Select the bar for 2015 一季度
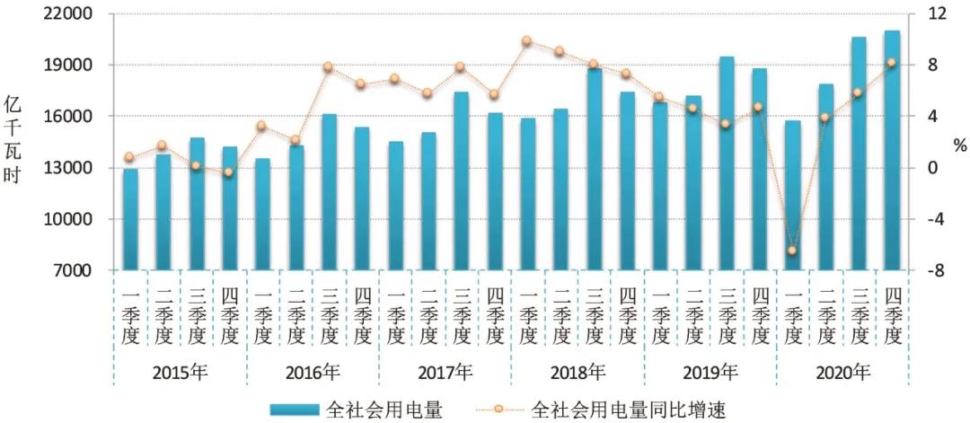coord(130,219)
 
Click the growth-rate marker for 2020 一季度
coord(792,251)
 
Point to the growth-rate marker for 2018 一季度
coord(527,40)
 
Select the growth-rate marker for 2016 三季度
coord(328,67)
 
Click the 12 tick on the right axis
coord(935,14)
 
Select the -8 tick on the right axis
coord(935,270)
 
